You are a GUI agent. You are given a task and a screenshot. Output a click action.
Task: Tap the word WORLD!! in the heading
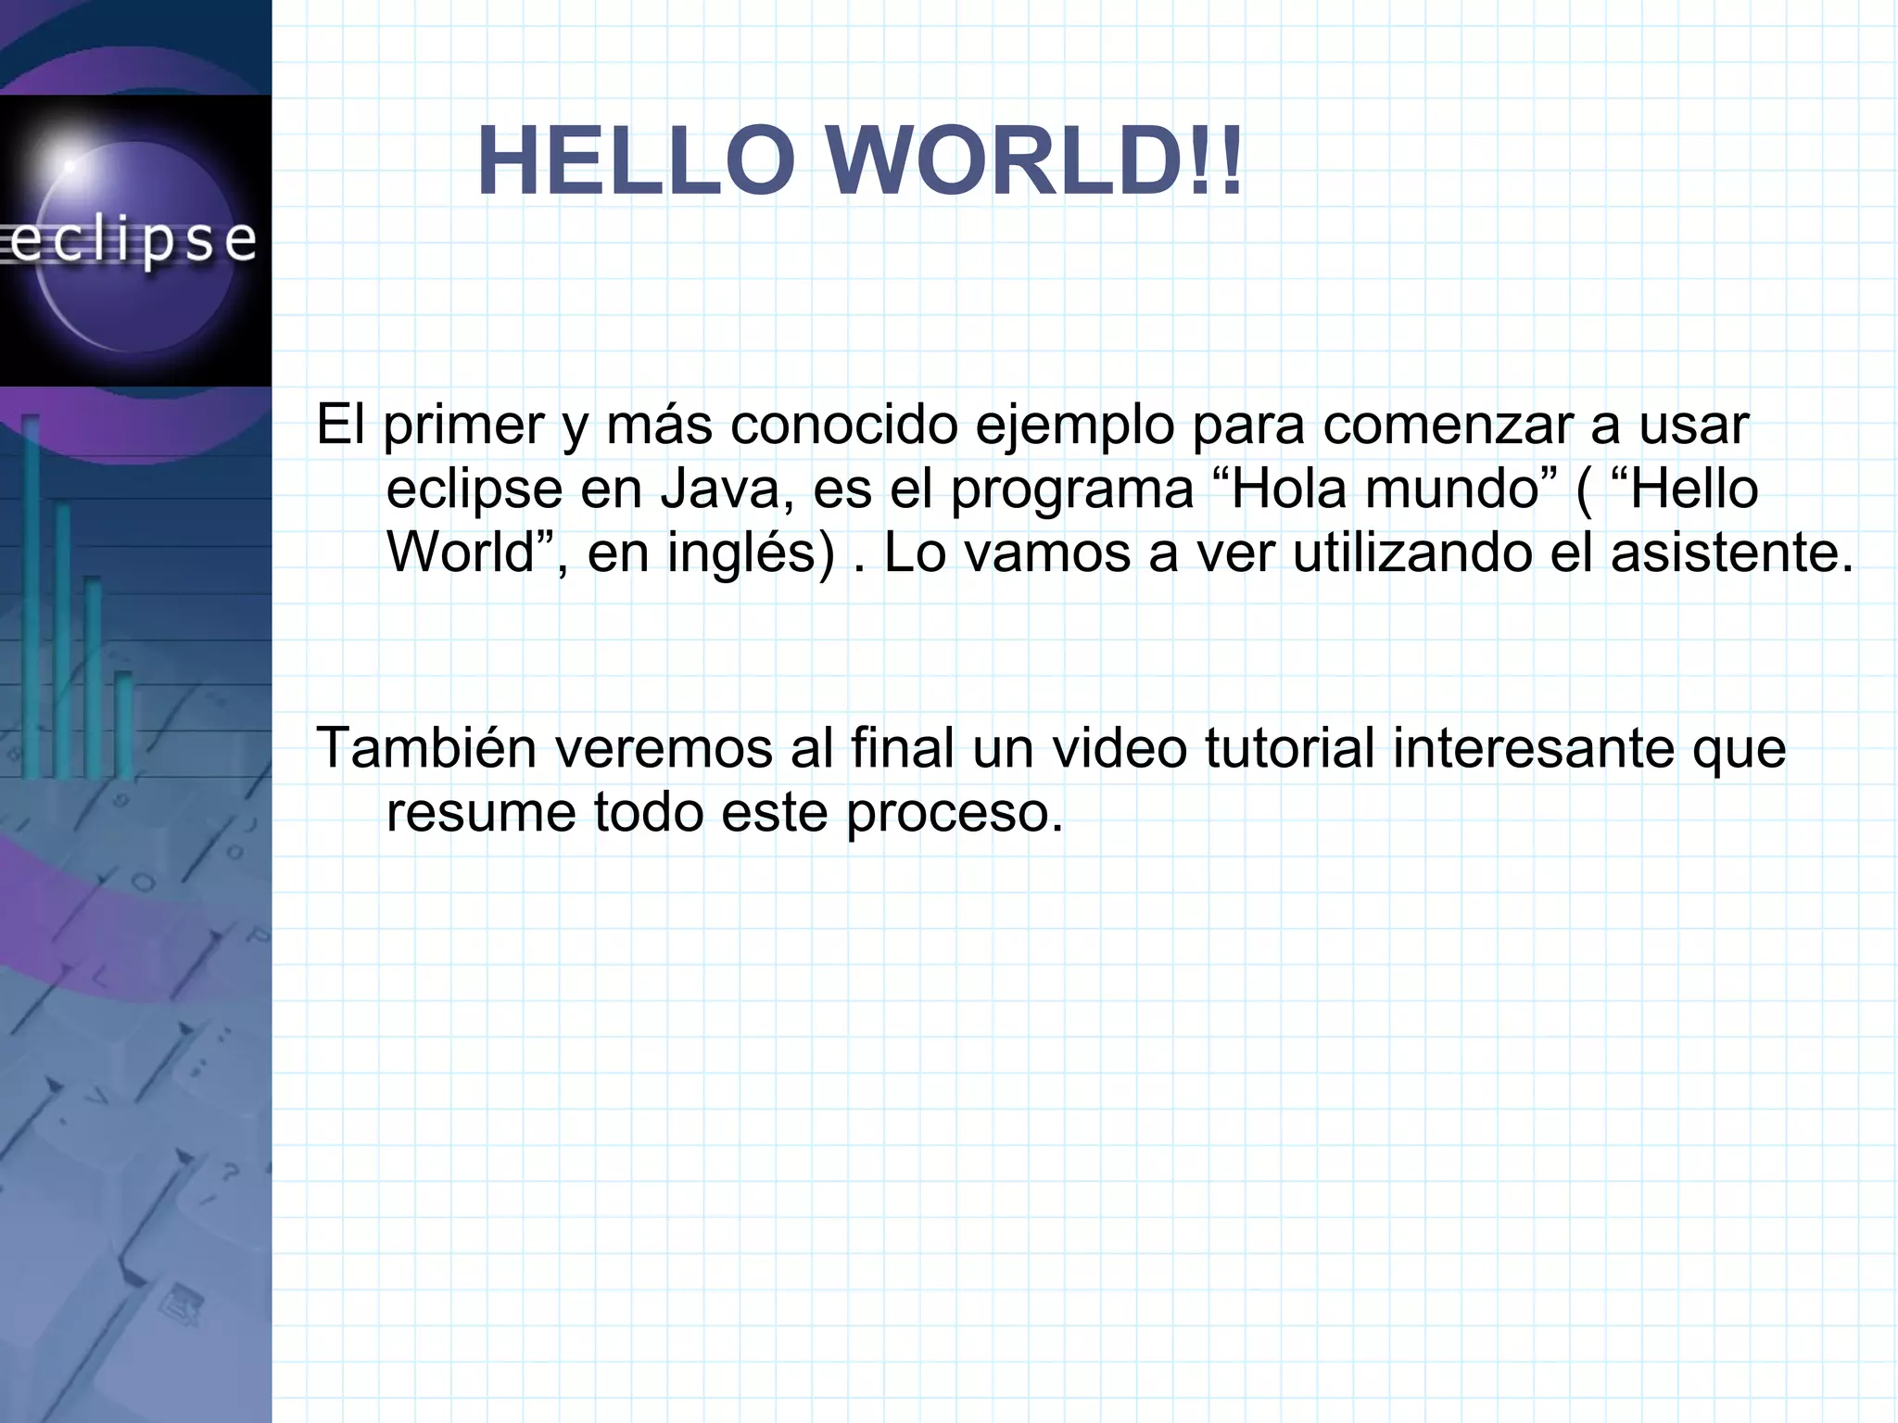[x=1033, y=162]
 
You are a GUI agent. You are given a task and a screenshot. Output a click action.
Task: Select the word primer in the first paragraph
[x=463, y=426]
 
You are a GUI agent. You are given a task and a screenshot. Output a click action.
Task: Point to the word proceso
[x=955, y=813]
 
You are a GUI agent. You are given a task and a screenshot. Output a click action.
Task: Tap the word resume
[x=481, y=813]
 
